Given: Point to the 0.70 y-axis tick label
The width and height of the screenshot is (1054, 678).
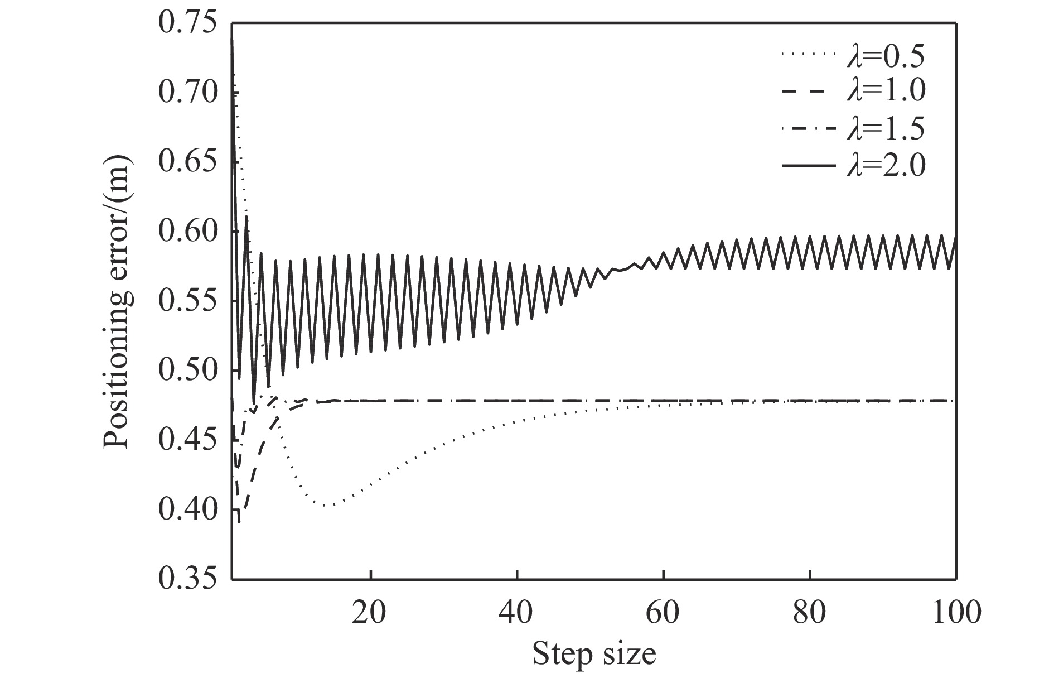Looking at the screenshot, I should click(x=188, y=93).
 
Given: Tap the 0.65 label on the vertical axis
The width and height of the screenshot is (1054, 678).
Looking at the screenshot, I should click(x=188, y=162).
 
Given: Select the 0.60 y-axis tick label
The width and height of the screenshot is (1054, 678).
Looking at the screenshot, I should click(x=188, y=232).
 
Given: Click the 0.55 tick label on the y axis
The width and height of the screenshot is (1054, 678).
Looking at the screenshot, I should click(x=188, y=301).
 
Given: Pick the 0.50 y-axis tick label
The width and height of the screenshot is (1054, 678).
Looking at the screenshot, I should click(x=188, y=371).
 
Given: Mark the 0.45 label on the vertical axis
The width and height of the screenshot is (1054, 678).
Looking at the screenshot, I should click(x=188, y=440).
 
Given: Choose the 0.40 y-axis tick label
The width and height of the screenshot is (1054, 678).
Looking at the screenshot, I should click(x=188, y=509).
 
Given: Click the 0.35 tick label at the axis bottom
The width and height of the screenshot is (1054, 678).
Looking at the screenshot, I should click(x=188, y=579).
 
